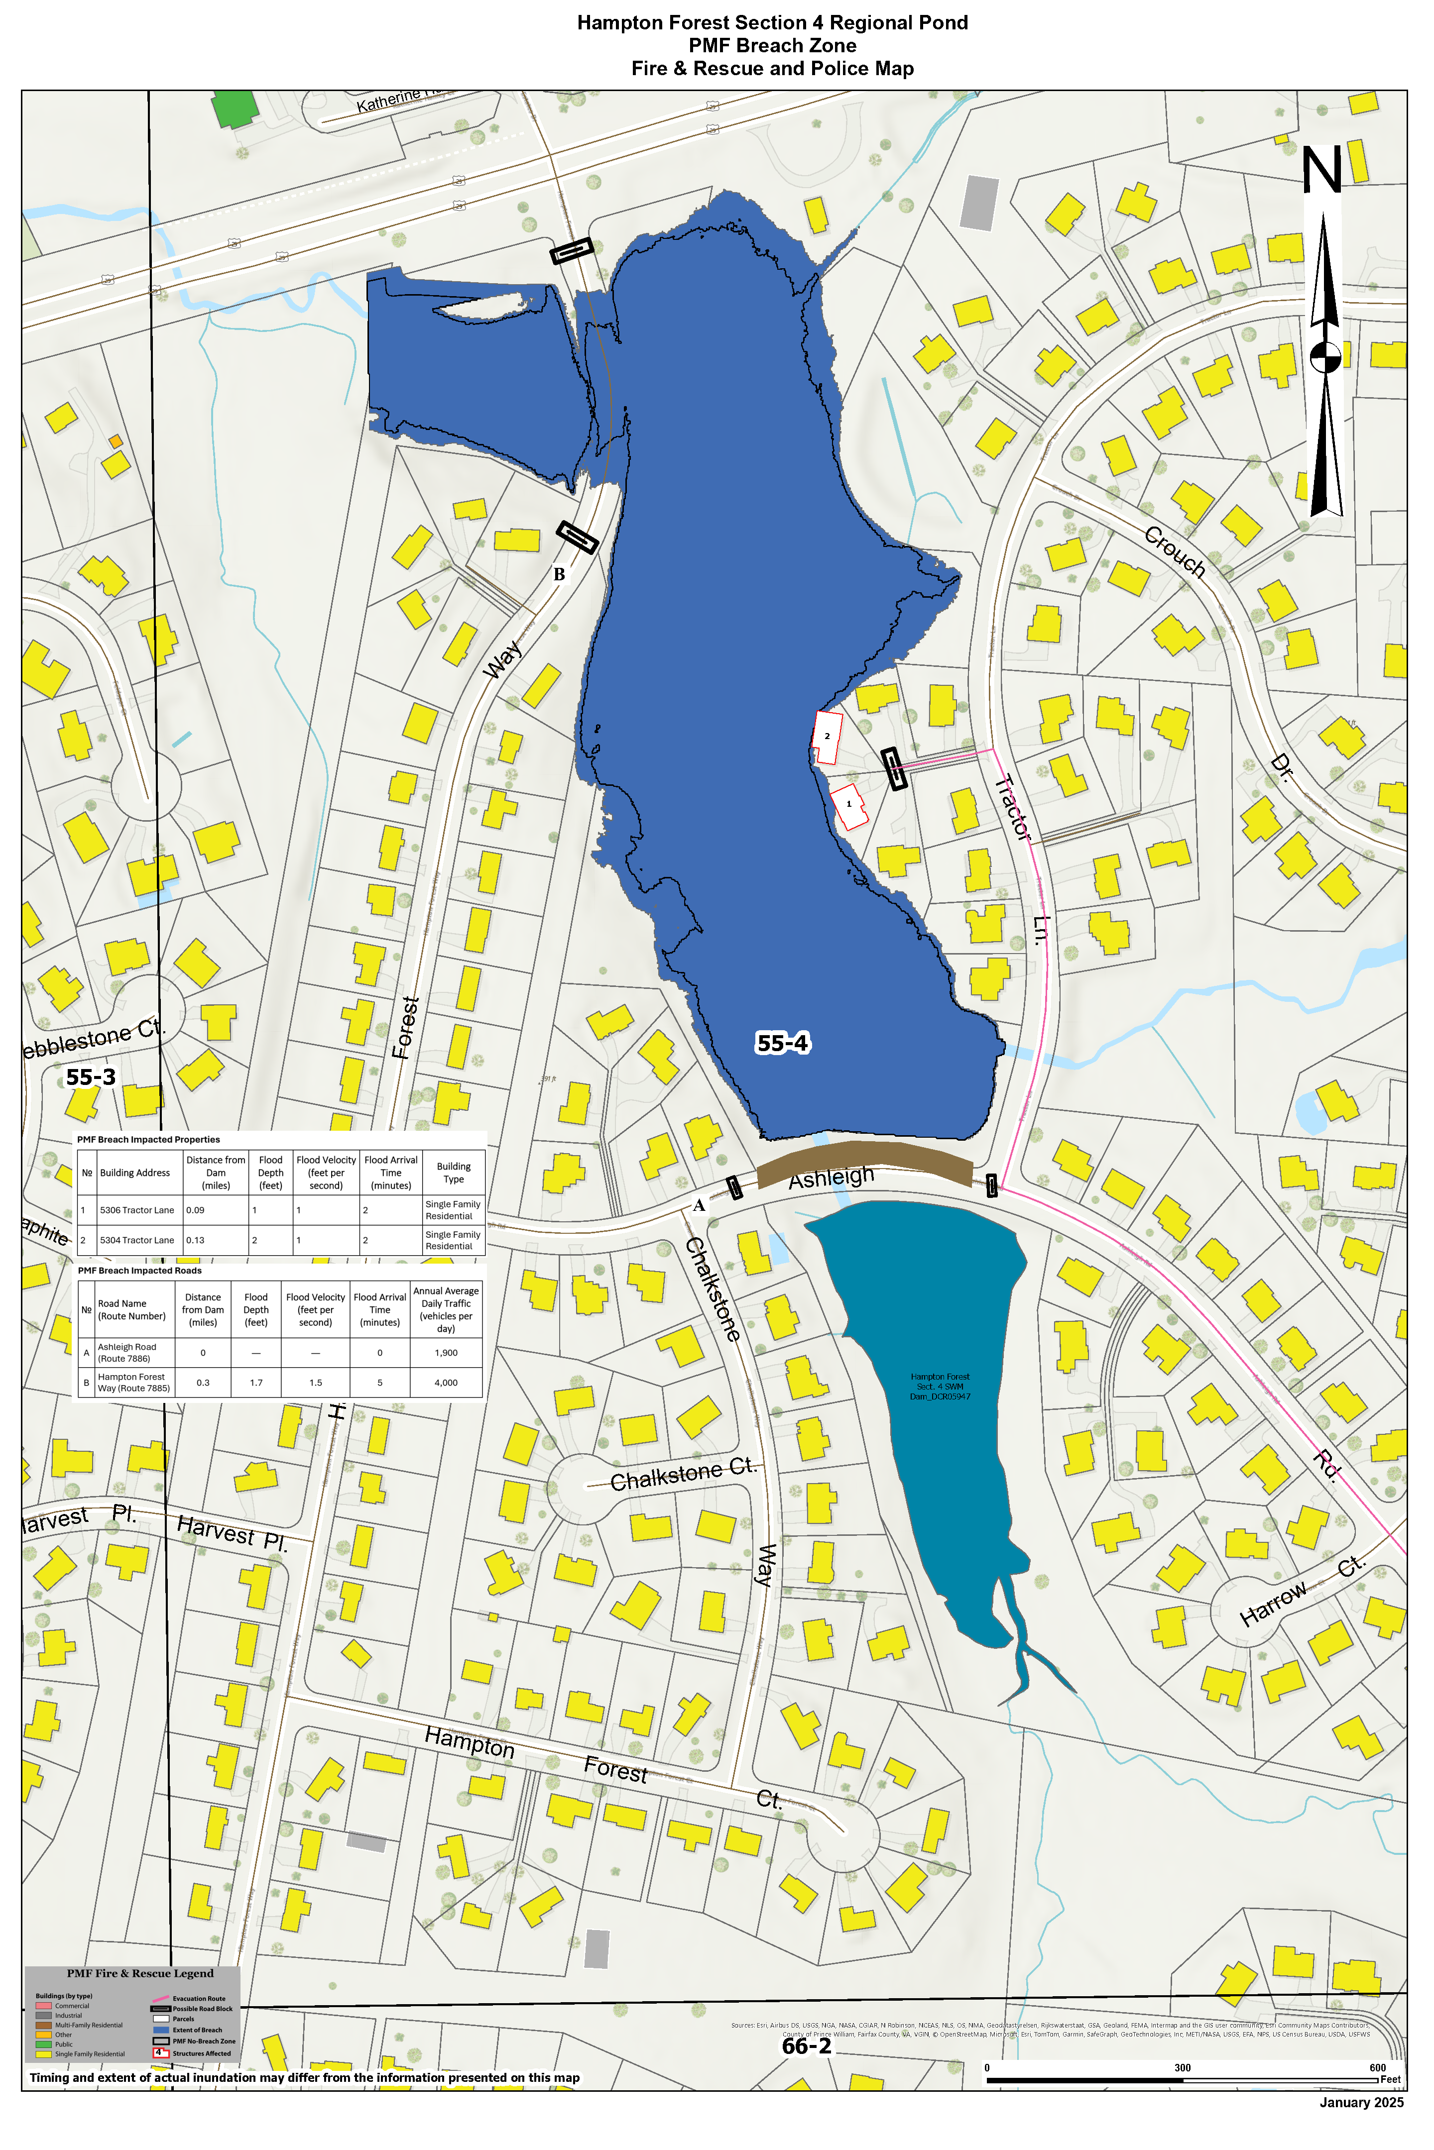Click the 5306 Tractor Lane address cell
click(137, 1210)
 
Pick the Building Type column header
click(454, 1173)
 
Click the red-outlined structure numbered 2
click(827, 737)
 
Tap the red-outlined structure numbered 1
click(848, 805)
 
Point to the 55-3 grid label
click(91, 1077)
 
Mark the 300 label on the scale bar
click(1183, 2068)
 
